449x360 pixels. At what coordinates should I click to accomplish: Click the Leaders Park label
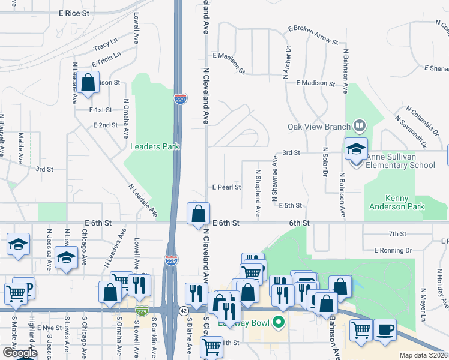[155, 146]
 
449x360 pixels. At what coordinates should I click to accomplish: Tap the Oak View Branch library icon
[360, 126]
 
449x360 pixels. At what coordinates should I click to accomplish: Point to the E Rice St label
[74, 13]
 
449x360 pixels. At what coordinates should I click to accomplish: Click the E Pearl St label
[226, 187]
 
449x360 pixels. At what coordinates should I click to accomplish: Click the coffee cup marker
[385, 329]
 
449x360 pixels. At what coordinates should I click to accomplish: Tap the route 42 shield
[182, 310]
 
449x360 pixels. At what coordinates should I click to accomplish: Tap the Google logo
[19, 353]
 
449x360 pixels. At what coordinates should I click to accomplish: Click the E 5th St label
[290, 205]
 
